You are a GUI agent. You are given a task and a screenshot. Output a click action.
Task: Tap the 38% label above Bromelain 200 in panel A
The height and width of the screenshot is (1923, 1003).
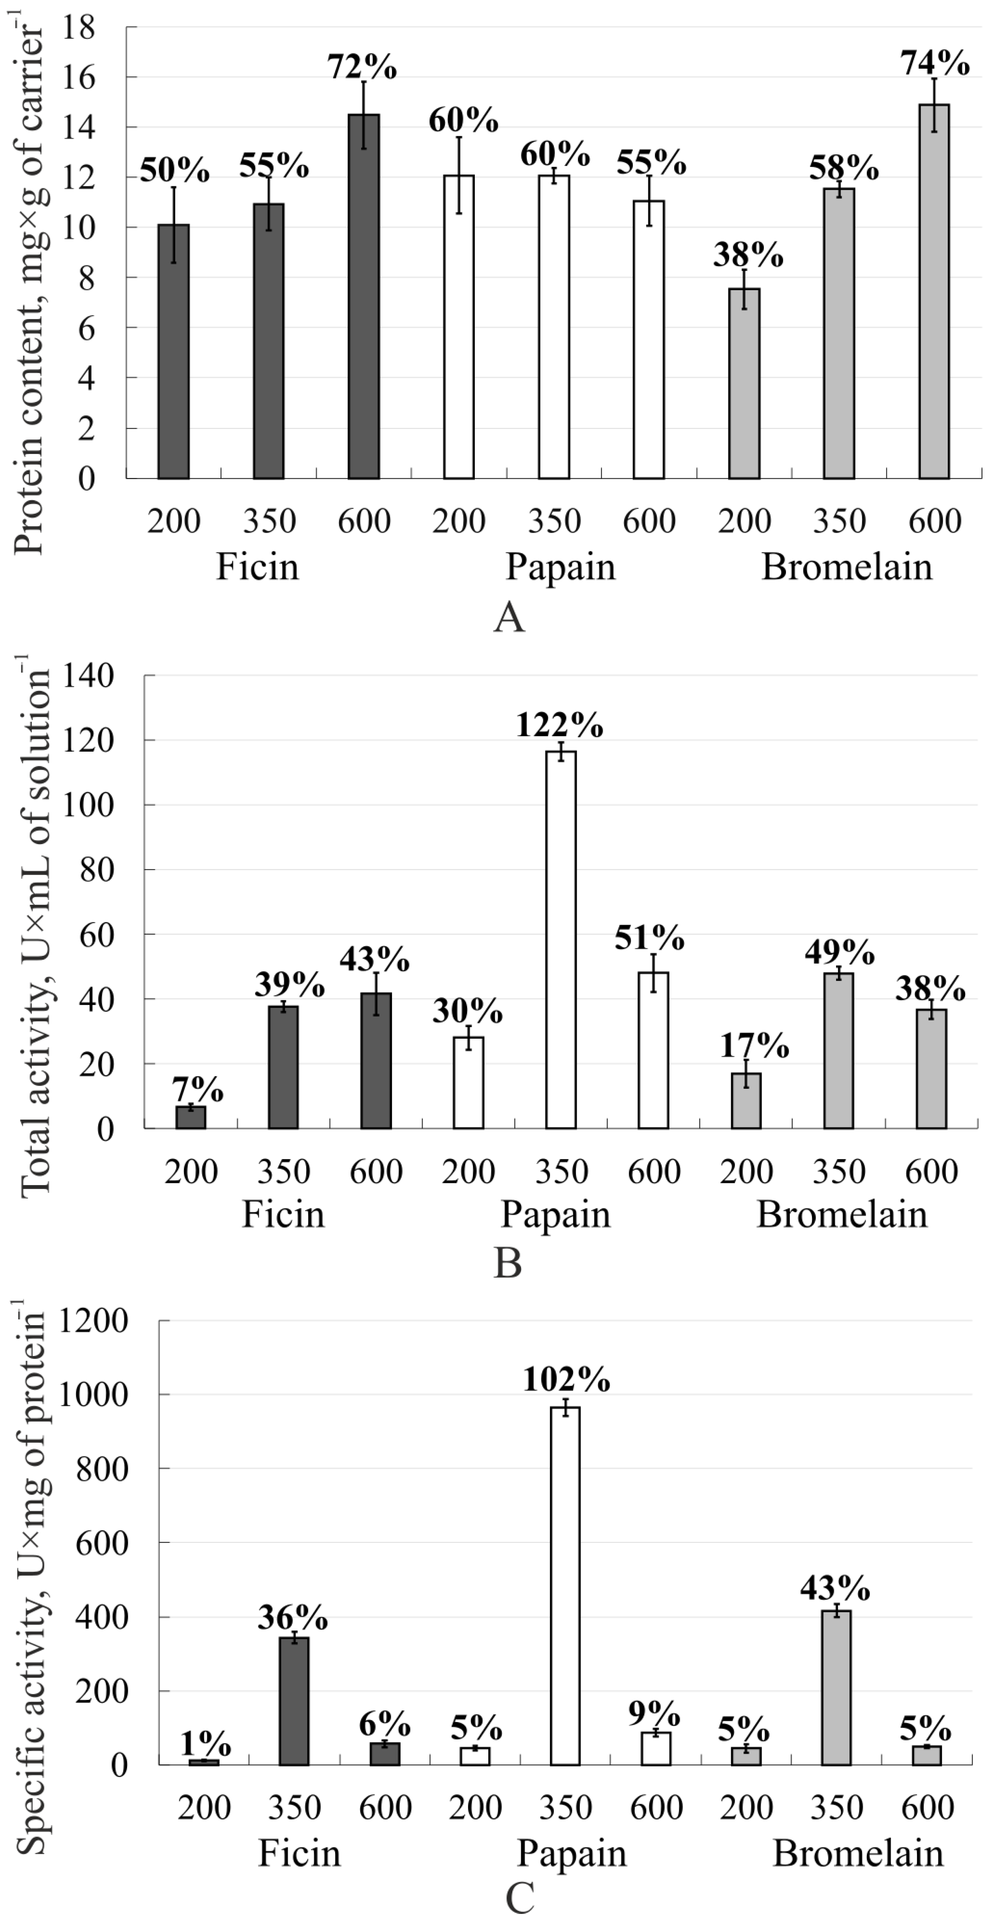click(x=748, y=255)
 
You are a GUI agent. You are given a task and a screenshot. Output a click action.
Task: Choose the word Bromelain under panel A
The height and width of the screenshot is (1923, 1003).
click(x=847, y=567)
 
